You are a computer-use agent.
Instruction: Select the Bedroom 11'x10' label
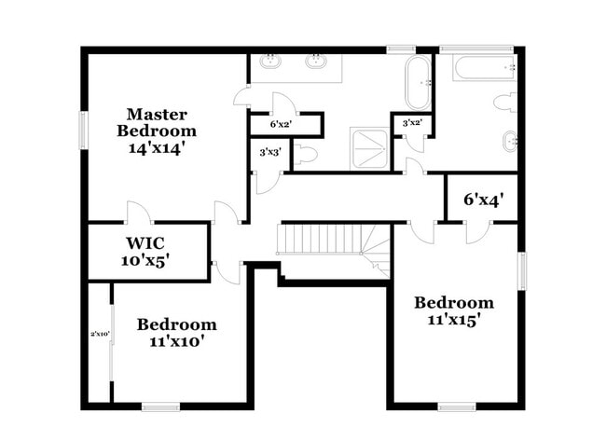[x=176, y=333]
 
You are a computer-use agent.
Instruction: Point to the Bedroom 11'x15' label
[x=454, y=310]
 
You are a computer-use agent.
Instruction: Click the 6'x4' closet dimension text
[x=483, y=200]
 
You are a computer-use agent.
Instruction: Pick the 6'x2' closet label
[x=281, y=124]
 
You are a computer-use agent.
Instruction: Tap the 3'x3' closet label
[x=270, y=151]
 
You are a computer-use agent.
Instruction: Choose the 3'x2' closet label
[x=412, y=123]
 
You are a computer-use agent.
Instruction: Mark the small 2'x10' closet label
[x=100, y=333]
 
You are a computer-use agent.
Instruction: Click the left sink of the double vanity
[x=271, y=62]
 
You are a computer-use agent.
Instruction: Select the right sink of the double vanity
[x=317, y=62]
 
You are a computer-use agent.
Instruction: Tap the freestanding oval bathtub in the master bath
[x=418, y=83]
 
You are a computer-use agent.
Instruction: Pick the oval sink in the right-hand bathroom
[x=509, y=143]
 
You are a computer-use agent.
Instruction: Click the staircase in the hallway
[x=322, y=240]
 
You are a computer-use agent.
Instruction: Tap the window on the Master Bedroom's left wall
[x=83, y=129]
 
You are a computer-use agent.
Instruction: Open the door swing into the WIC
[x=138, y=213]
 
